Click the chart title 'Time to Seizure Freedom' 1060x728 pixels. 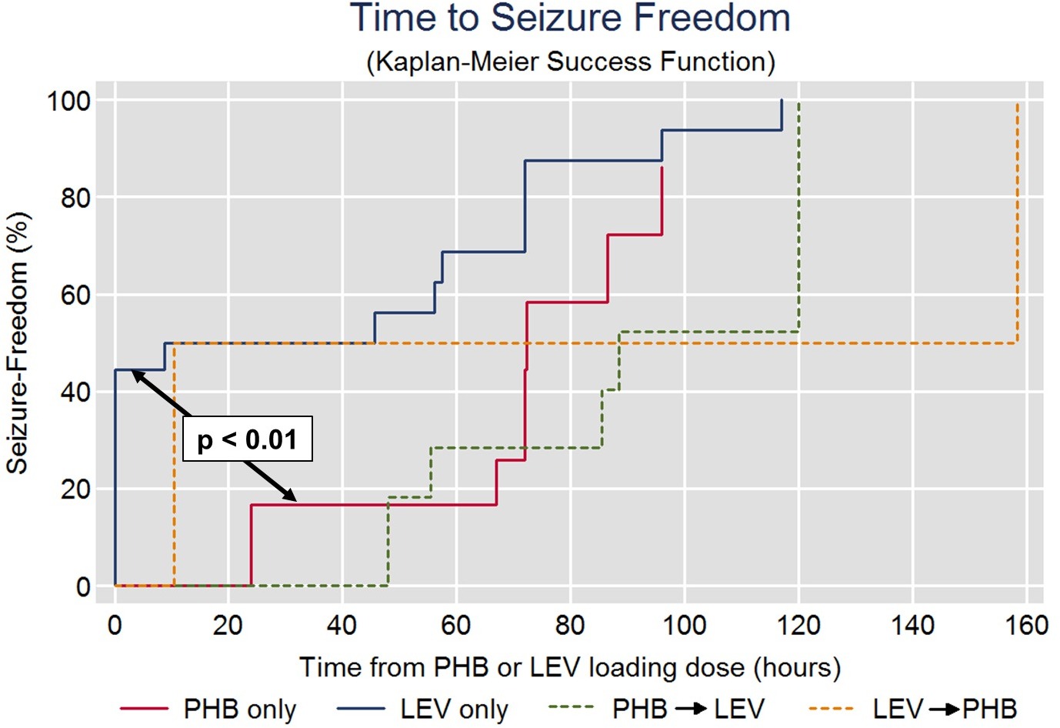pos(570,18)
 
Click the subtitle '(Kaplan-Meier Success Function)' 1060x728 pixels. pos(570,62)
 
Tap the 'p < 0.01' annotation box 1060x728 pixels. pos(247,439)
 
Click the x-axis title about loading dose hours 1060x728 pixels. pos(570,667)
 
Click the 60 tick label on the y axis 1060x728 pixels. pos(75,295)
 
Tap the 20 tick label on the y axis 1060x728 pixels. pos(75,489)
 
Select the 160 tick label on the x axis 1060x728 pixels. pos(1026,625)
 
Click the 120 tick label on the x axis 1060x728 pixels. pos(798,625)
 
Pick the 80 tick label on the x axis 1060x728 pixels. pos(570,625)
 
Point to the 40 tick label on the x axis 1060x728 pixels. pos(342,625)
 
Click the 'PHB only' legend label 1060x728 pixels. pos(239,709)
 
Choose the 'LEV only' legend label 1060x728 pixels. pos(454,709)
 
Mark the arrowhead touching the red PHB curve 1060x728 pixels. pos(291,498)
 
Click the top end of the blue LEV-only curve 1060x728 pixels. pos(782,101)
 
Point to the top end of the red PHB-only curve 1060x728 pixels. pos(662,168)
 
